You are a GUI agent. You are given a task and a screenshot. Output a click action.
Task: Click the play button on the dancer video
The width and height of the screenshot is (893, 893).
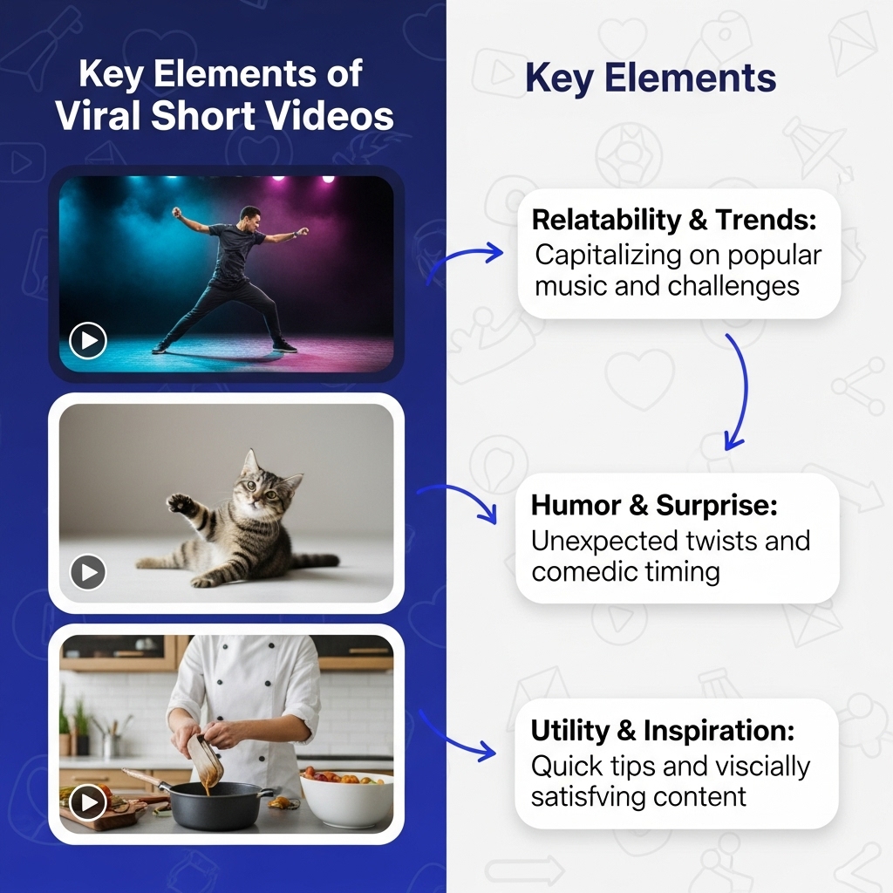[88, 341]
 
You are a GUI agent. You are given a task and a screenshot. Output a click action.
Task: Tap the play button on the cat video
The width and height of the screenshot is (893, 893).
[88, 572]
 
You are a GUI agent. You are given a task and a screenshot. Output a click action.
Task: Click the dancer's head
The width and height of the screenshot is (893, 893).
[249, 215]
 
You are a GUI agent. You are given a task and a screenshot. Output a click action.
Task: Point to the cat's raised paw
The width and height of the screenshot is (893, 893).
[177, 501]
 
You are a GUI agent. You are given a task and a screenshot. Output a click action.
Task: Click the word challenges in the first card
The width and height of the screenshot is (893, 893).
[733, 286]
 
